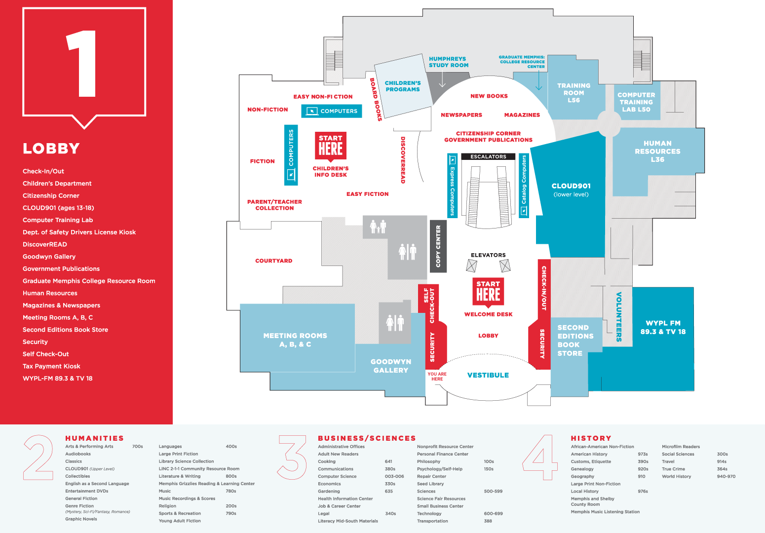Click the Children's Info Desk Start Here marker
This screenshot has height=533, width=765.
pyautogui.click(x=331, y=145)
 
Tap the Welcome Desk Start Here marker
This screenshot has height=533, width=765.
pyautogui.click(x=488, y=292)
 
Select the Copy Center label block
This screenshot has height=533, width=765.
pyautogui.click(x=438, y=246)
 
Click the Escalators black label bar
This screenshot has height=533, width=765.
pyautogui.click(x=488, y=156)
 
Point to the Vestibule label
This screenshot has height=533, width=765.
pyautogui.click(x=488, y=375)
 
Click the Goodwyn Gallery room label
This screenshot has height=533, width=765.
pyautogui.click(x=391, y=366)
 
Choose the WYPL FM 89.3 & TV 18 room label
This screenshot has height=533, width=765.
pyautogui.click(x=663, y=327)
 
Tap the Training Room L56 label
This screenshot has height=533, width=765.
pyautogui.click(x=574, y=93)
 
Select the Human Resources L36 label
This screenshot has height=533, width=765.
pyautogui.click(x=657, y=151)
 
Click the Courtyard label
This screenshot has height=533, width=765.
pyautogui.click(x=273, y=261)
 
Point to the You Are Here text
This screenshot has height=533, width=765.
pyautogui.click(x=437, y=377)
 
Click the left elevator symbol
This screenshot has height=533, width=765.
pyautogui.click(x=471, y=266)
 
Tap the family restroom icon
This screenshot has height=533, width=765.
pyautogui.click(x=378, y=227)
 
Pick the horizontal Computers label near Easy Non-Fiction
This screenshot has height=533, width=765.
pyautogui.click(x=332, y=111)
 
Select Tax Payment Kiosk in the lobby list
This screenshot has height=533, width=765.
pyautogui.click(x=51, y=366)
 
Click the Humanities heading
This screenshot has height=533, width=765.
pyautogui.click(x=95, y=438)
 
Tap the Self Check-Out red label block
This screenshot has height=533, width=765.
pyautogui.click(x=428, y=302)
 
